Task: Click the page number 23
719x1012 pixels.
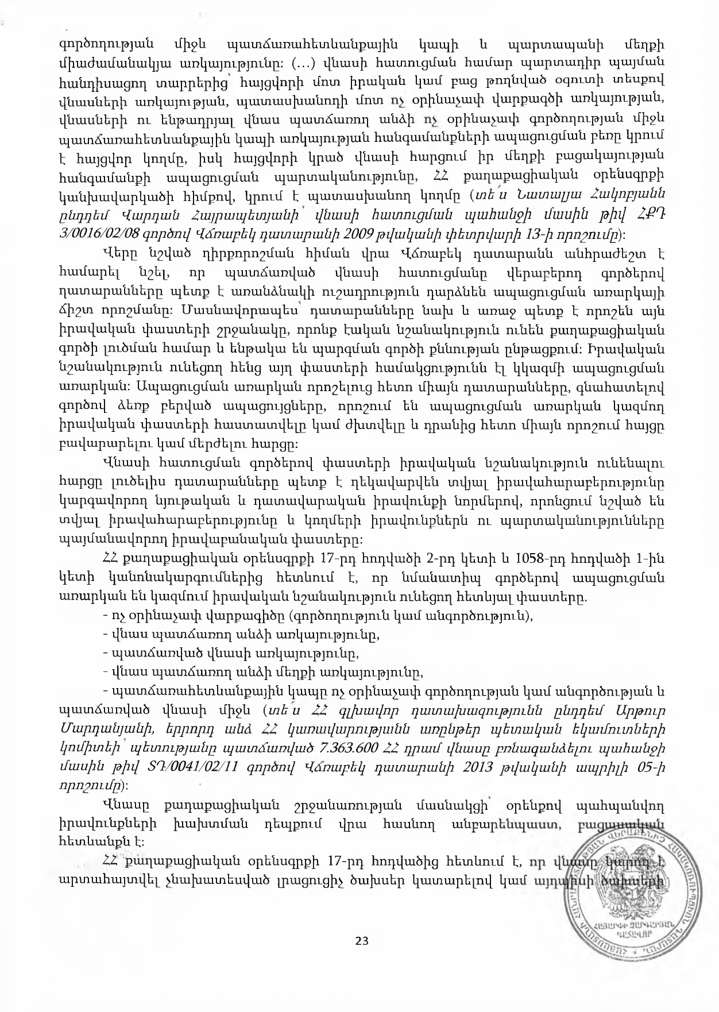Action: [x=361, y=940]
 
